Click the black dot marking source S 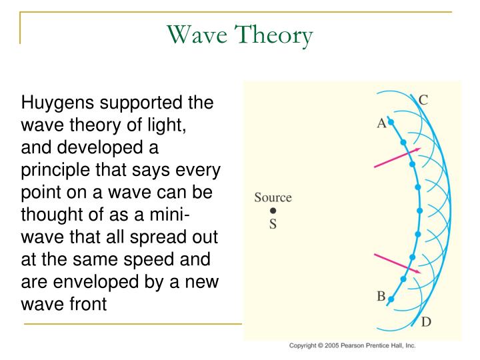(273, 211)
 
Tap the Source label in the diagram (273, 197)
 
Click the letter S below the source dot (273, 224)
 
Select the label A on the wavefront (381, 123)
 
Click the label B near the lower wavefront (381, 297)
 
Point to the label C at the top (423, 101)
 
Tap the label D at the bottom (425, 322)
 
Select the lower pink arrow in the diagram (397, 263)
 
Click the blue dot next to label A (391, 122)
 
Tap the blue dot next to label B (391, 299)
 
